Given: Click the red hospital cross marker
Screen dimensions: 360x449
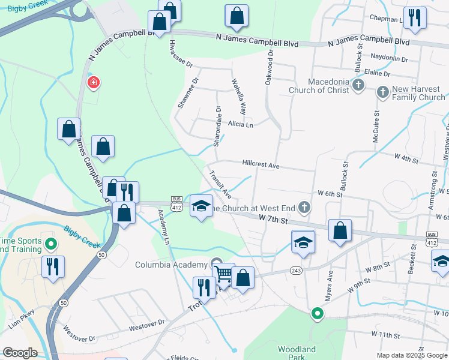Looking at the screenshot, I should coord(92,83).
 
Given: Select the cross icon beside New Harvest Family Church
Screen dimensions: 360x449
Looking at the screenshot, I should coord(383,92).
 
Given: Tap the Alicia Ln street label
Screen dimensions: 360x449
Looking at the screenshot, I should coord(241,125).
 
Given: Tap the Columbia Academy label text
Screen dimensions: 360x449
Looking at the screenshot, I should coord(172,265).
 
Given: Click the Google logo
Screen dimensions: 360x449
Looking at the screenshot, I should coord(20,353).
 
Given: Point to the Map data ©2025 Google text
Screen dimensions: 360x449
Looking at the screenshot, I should coord(412,355).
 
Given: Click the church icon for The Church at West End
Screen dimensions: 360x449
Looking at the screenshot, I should coord(304,208).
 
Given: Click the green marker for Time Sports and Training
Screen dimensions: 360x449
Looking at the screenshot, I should coord(51,244).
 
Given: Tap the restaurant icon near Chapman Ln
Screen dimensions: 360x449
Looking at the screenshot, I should coord(415,18).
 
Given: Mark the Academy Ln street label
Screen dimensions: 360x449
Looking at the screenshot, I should coord(164,222).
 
